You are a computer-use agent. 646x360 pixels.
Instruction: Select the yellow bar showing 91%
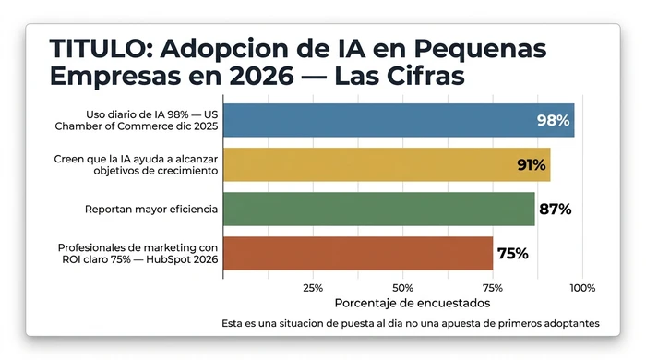point(387,164)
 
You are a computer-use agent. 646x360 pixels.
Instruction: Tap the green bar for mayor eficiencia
point(378,209)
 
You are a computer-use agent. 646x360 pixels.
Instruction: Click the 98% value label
point(554,121)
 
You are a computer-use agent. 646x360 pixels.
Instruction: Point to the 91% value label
point(532,165)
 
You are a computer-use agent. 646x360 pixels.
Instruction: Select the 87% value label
point(555,210)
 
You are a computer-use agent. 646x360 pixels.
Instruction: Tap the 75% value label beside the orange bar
point(512,254)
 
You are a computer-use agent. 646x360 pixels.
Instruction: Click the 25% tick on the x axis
point(313,288)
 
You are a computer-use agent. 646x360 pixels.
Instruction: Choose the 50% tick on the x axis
point(402,288)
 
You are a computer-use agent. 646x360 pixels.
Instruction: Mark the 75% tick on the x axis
point(493,288)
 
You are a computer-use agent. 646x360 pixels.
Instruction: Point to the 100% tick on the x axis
point(582,288)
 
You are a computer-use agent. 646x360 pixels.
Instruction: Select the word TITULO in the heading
point(90,48)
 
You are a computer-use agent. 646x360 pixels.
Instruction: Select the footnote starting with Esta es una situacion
point(411,324)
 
